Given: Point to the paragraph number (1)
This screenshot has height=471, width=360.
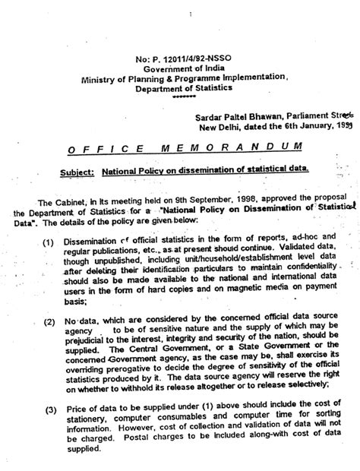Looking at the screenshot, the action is pos(48,242).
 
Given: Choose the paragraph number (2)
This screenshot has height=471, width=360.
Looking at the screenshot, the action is pos(48,322).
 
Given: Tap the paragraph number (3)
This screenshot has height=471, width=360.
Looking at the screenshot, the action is pos(48,411).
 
